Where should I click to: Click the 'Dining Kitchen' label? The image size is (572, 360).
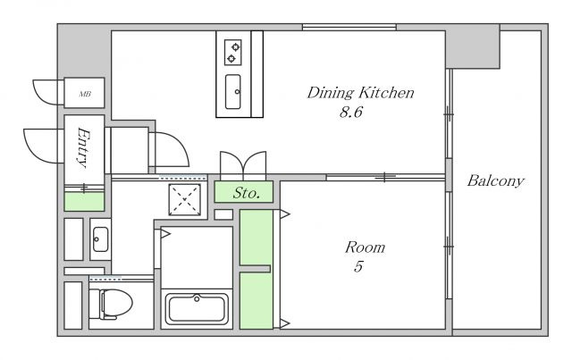coord(360,93)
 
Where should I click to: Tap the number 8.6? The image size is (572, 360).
coord(351,112)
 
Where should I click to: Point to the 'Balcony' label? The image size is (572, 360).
coord(495,180)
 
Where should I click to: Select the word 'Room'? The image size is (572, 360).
coord(365,247)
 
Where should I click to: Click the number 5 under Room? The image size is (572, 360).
coord(358,266)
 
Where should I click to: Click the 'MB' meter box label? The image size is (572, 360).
coord(85,94)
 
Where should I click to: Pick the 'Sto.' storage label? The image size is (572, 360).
coord(247,193)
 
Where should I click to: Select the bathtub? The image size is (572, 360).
coord(197,309)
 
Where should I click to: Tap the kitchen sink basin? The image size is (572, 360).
coord(232,92)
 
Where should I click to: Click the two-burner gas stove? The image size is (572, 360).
coord(232,53)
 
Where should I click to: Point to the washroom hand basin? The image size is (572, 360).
coord(100,239)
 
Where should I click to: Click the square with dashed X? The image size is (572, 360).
coord(185,199)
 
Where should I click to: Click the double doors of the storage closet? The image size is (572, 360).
coord(243,165)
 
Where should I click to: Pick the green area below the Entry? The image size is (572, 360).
coord(84,202)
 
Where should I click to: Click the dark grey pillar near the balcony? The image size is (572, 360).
coord(473,46)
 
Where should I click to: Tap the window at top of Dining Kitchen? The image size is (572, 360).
coord(349,27)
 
